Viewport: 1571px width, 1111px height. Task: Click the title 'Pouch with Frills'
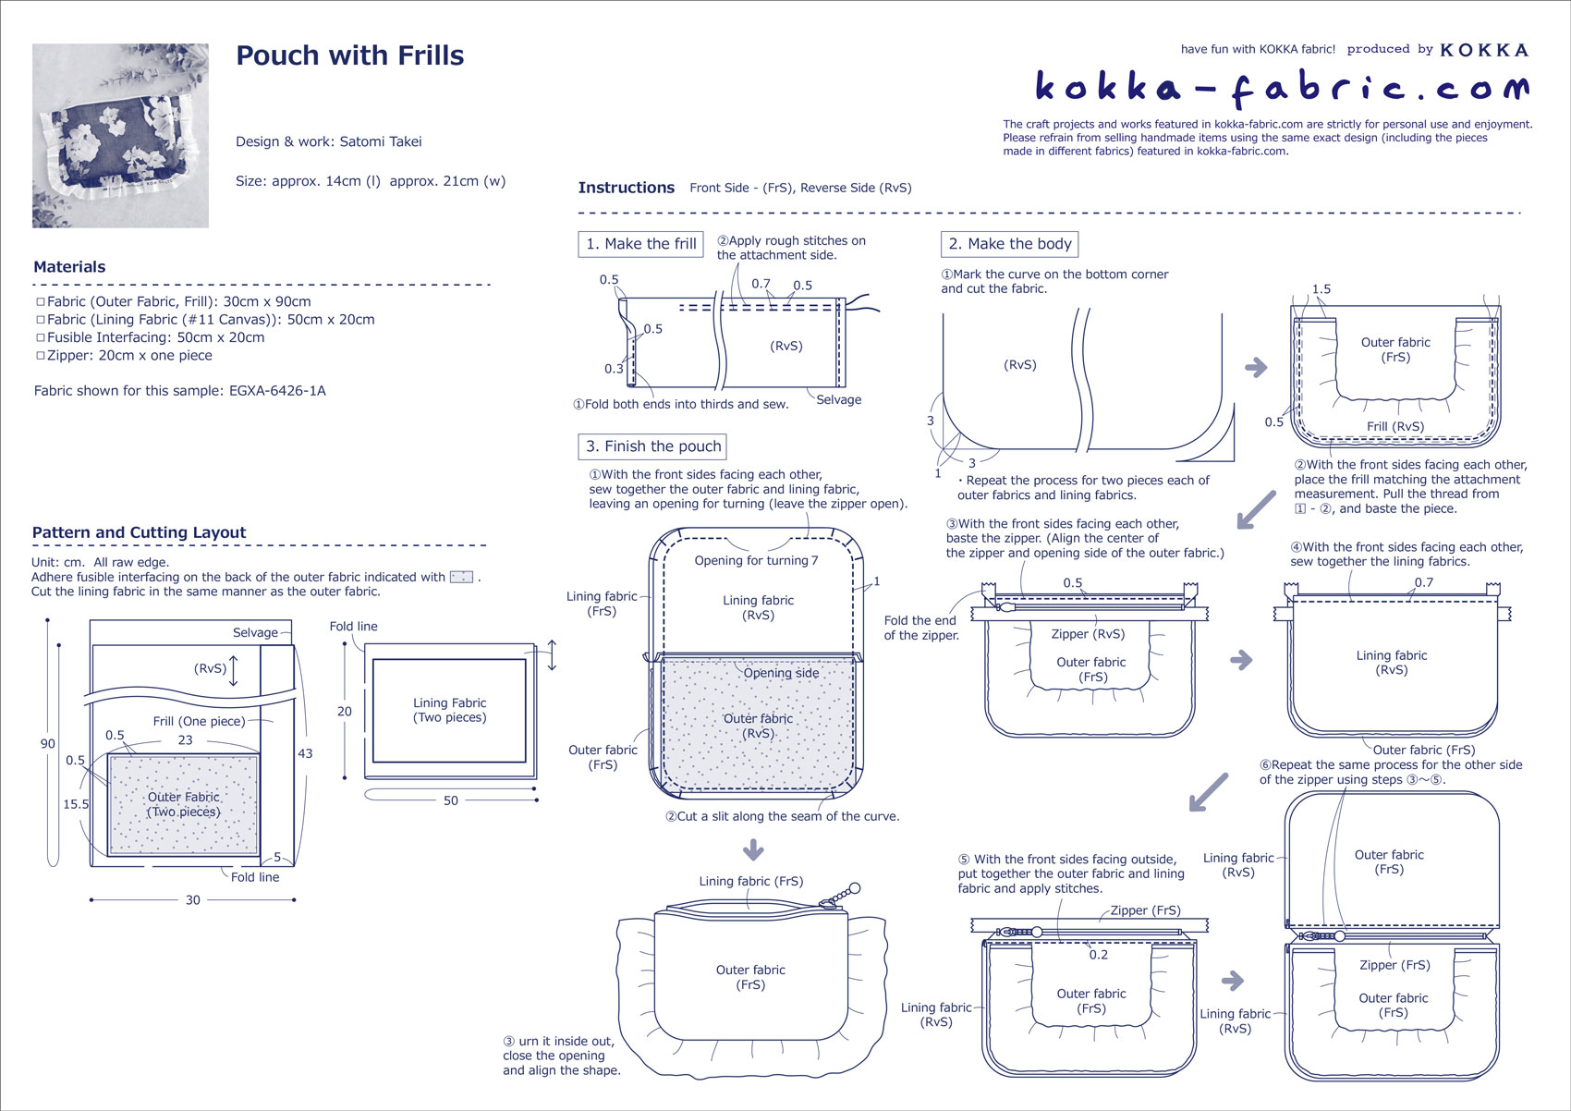tap(349, 55)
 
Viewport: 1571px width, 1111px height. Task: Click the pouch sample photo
tap(120, 135)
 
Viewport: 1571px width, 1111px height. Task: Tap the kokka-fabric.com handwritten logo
tap(1281, 87)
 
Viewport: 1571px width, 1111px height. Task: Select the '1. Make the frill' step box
tap(640, 244)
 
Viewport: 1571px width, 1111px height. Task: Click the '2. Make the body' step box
tap(1009, 244)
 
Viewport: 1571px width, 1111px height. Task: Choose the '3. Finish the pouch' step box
tap(652, 446)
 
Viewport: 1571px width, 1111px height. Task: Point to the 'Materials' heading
tap(69, 267)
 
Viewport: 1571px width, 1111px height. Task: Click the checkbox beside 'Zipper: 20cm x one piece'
tap(40, 356)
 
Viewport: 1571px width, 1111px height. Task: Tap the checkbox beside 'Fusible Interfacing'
tap(40, 338)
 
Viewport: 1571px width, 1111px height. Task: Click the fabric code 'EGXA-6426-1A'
tap(277, 391)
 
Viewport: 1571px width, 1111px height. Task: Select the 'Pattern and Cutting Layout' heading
tap(139, 532)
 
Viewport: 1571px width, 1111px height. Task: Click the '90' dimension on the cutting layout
tap(47, 743)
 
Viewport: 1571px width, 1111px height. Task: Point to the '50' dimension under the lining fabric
tap(450, 800)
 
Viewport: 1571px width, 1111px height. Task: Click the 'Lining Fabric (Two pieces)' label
tap(449, 710)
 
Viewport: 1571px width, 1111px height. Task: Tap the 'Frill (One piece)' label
tap(199, 721)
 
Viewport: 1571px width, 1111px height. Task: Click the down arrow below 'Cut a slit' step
tap(753, 849)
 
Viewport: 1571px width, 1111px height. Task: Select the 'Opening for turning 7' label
tap(756, 560)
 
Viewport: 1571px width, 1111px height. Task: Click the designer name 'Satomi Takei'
tap(380, 141)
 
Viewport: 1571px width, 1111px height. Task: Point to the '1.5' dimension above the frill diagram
tap(1321, 289)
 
